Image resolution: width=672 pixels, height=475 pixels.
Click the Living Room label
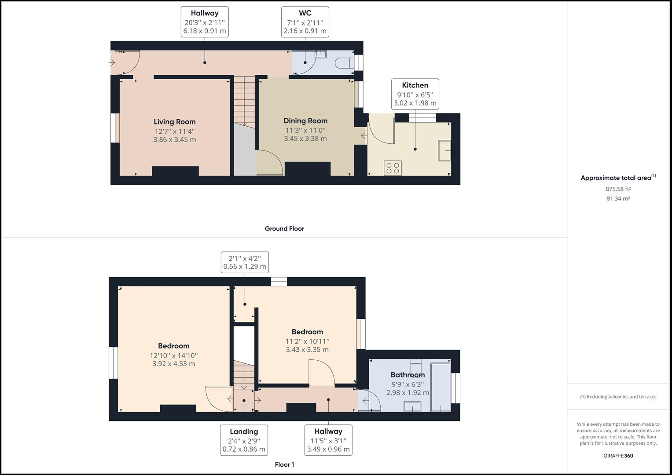point(174,122)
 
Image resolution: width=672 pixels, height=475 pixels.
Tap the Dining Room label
point(305,121)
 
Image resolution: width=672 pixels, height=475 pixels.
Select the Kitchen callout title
point(415,85)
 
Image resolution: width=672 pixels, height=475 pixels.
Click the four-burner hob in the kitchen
point(392,168)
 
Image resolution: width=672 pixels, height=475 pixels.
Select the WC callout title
point(305,13)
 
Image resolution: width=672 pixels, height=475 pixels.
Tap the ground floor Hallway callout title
point(205,13)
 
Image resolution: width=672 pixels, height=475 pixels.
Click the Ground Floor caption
point(284,229)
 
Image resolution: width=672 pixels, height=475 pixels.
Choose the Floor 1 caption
point(284,464)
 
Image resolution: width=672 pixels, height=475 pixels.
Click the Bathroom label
point(408,375)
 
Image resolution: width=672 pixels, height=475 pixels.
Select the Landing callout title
point(244,431)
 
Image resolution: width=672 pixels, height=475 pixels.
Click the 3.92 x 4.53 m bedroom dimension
point(173,364)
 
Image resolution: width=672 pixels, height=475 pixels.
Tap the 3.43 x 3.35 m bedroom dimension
point(307,350)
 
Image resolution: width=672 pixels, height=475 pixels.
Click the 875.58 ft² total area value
point(618,189)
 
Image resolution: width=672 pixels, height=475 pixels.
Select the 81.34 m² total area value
point(618,198)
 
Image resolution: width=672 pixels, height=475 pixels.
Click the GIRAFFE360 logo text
point(618,456)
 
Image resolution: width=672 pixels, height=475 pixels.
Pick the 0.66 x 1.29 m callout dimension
point(245,267)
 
